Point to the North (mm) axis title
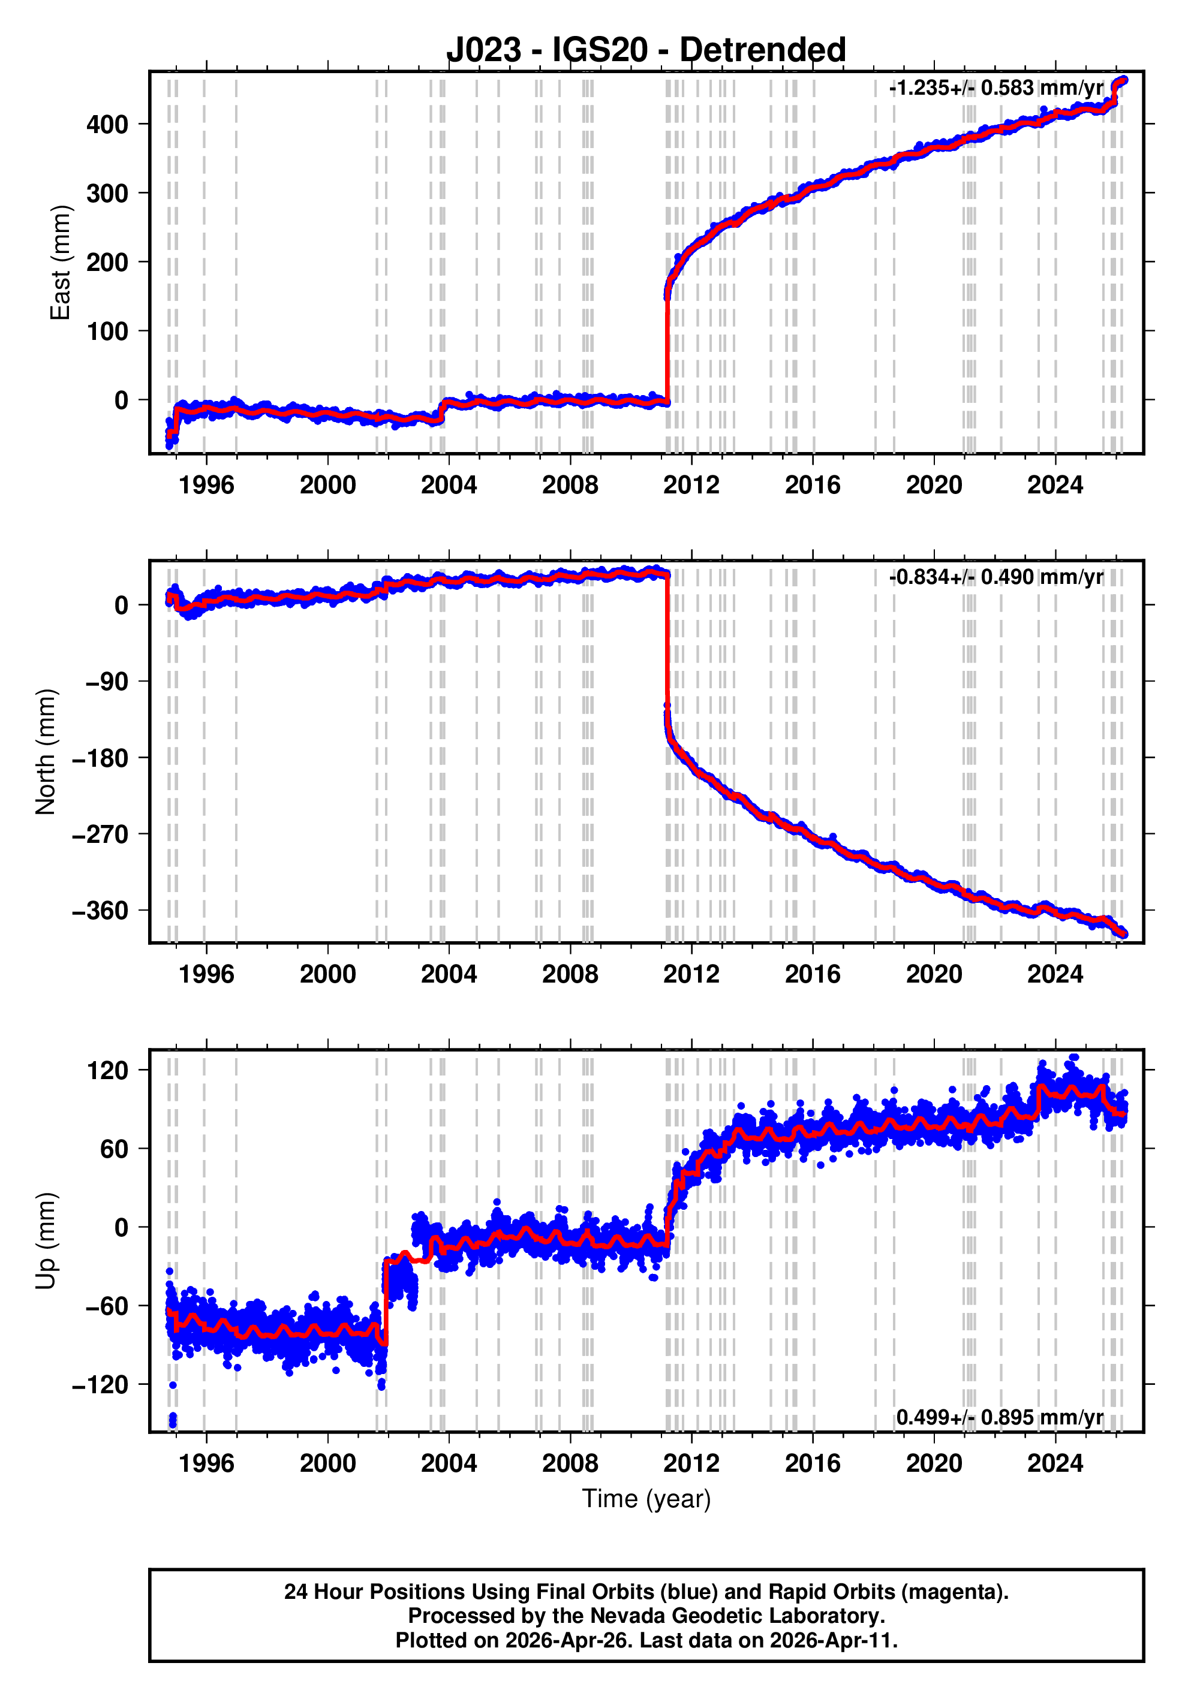coord(46,752)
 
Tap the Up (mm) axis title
coord(46,1241)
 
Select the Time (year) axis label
coord(646,1499)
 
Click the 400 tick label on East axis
coord(107,124)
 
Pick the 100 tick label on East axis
coord(107,332)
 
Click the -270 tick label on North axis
coord(100,835)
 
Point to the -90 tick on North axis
coord(103,682)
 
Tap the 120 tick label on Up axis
coord(107,1071)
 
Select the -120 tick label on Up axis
coord(100,1384)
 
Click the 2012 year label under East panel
coord(691,486)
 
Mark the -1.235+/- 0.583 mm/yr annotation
coord(996,88)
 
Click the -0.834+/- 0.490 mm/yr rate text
coord(996,577)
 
